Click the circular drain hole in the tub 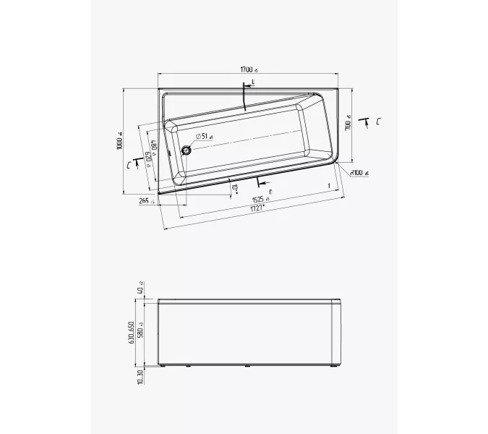(x=187, y=150)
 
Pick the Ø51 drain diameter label (x=203, y=136)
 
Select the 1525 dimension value (x=260, y=199)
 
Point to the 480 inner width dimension (x=154, y=153)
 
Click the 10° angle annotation (x=234, y=190)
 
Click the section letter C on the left (x=129, y=165)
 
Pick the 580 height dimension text (x=141, y=331)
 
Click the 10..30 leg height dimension (x=141, y=376)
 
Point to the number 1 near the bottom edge (x=329, y=187)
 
